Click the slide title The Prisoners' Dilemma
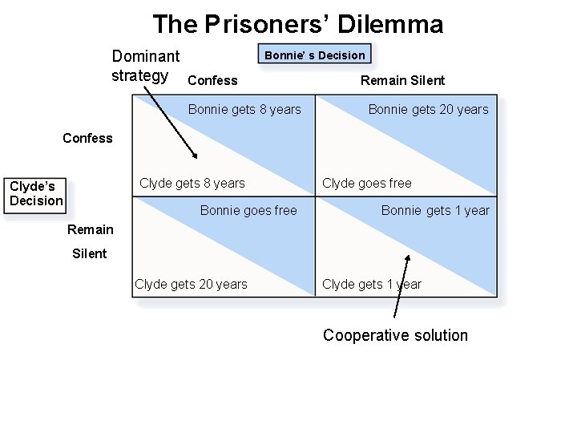tap(297, 24)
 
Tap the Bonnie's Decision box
tap(314, 55)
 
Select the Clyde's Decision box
tap(36, 194)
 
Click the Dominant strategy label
tap(145, 66)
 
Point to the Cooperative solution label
tap(395, 335)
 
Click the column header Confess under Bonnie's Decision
tap(212, 80)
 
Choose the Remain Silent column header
tap(402, 80)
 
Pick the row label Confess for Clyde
tap(87, 138)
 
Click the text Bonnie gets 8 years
tap(244, 109)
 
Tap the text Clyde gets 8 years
tap(192, 183)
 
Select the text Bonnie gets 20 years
tap(428, 109)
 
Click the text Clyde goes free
tap(366, 183)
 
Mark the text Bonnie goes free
tap(248, 210)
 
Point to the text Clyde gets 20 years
tap(191, 284)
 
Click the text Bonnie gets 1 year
tap(435, 210)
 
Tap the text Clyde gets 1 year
tap(371, 284)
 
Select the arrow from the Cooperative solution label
tap(401, 289)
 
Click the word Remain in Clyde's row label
tap(91, 229)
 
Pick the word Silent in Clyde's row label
tap(89, 253)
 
